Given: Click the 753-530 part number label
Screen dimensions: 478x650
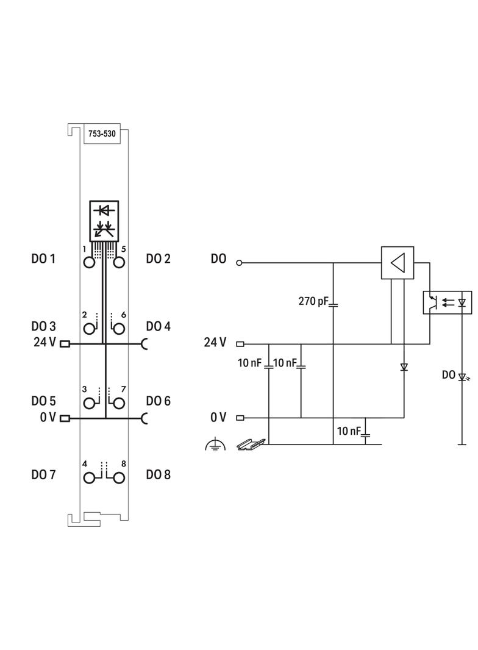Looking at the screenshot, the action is click(102, 134).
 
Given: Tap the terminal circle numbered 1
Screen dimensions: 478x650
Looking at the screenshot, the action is click(89, 262).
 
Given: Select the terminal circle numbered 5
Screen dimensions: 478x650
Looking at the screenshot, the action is click(119, 262).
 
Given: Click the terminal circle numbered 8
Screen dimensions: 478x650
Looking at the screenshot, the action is click(119, 478).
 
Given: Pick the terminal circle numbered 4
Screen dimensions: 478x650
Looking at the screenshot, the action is click(89, 478).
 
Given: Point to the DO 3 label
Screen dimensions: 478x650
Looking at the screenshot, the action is click(43, 327).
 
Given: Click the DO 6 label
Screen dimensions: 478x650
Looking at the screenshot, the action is click(158, 401).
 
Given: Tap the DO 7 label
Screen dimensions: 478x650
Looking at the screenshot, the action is click(43, 474).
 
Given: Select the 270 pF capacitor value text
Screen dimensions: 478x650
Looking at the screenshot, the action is click(313, 301).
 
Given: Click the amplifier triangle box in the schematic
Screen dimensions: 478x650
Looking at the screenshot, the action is click(398, 263).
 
